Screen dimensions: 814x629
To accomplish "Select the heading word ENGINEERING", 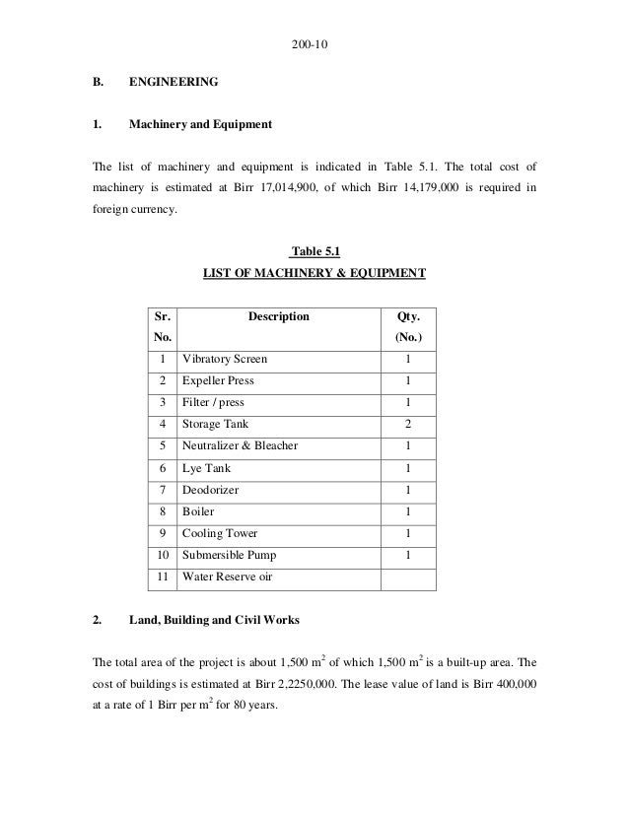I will pos(174,88).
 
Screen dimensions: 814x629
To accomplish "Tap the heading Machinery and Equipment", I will pos(201,125).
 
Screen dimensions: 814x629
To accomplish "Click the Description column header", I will pos(278,317).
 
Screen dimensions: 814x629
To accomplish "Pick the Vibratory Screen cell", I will pos(224,359).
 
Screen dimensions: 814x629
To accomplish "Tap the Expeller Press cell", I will pos(218,380).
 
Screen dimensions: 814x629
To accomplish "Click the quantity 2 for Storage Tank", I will pos(407,424).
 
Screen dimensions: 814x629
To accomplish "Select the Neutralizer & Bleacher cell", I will pos(239,445).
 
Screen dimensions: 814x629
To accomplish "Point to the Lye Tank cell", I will pos(204,467).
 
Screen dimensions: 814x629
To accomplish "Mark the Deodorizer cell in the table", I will pos(209,490).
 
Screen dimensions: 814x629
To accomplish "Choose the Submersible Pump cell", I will pos(228,555).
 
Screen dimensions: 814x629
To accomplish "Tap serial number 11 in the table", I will pos(162,577).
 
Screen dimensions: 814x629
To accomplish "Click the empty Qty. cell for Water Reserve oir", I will pos(407,577).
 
